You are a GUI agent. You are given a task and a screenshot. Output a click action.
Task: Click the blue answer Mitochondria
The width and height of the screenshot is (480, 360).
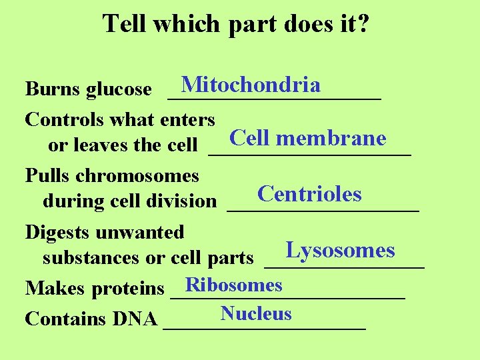coord(251,85)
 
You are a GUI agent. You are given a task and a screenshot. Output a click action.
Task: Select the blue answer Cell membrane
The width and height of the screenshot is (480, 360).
coord(307,138)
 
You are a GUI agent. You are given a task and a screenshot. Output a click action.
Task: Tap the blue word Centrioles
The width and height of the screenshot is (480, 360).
coord(309,194)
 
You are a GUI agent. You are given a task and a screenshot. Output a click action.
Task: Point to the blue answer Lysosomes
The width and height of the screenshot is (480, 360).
coord(340,251)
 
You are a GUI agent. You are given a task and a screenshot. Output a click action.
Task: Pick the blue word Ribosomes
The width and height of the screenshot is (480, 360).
coord(234,285)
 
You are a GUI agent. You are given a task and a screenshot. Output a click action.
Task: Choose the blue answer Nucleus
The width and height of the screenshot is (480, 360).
coord(256,313)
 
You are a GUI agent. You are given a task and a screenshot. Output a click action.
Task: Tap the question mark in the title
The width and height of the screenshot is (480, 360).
coord(364,24)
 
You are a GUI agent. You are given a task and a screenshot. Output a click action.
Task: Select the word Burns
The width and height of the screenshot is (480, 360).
coord(53,89)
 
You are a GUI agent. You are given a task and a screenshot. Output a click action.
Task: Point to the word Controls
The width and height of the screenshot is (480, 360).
coord(63,120)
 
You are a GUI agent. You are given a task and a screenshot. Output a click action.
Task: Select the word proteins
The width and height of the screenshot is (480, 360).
coord(128,289)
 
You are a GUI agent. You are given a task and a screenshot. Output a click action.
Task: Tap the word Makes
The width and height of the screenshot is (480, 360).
coord(55,289)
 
